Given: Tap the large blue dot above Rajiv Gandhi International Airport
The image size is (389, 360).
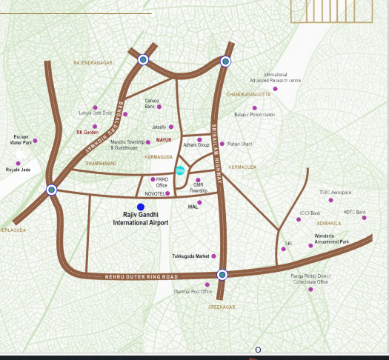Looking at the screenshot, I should [141, 206].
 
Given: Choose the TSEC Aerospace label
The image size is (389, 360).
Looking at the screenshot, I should [336, 192].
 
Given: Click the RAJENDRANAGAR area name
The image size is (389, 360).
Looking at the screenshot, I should [93, 64].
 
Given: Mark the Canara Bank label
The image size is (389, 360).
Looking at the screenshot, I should [152, 104].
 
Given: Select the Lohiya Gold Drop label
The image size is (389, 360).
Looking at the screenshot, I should [95, 113].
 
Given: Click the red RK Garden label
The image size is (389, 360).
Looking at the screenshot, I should [87, 132].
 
